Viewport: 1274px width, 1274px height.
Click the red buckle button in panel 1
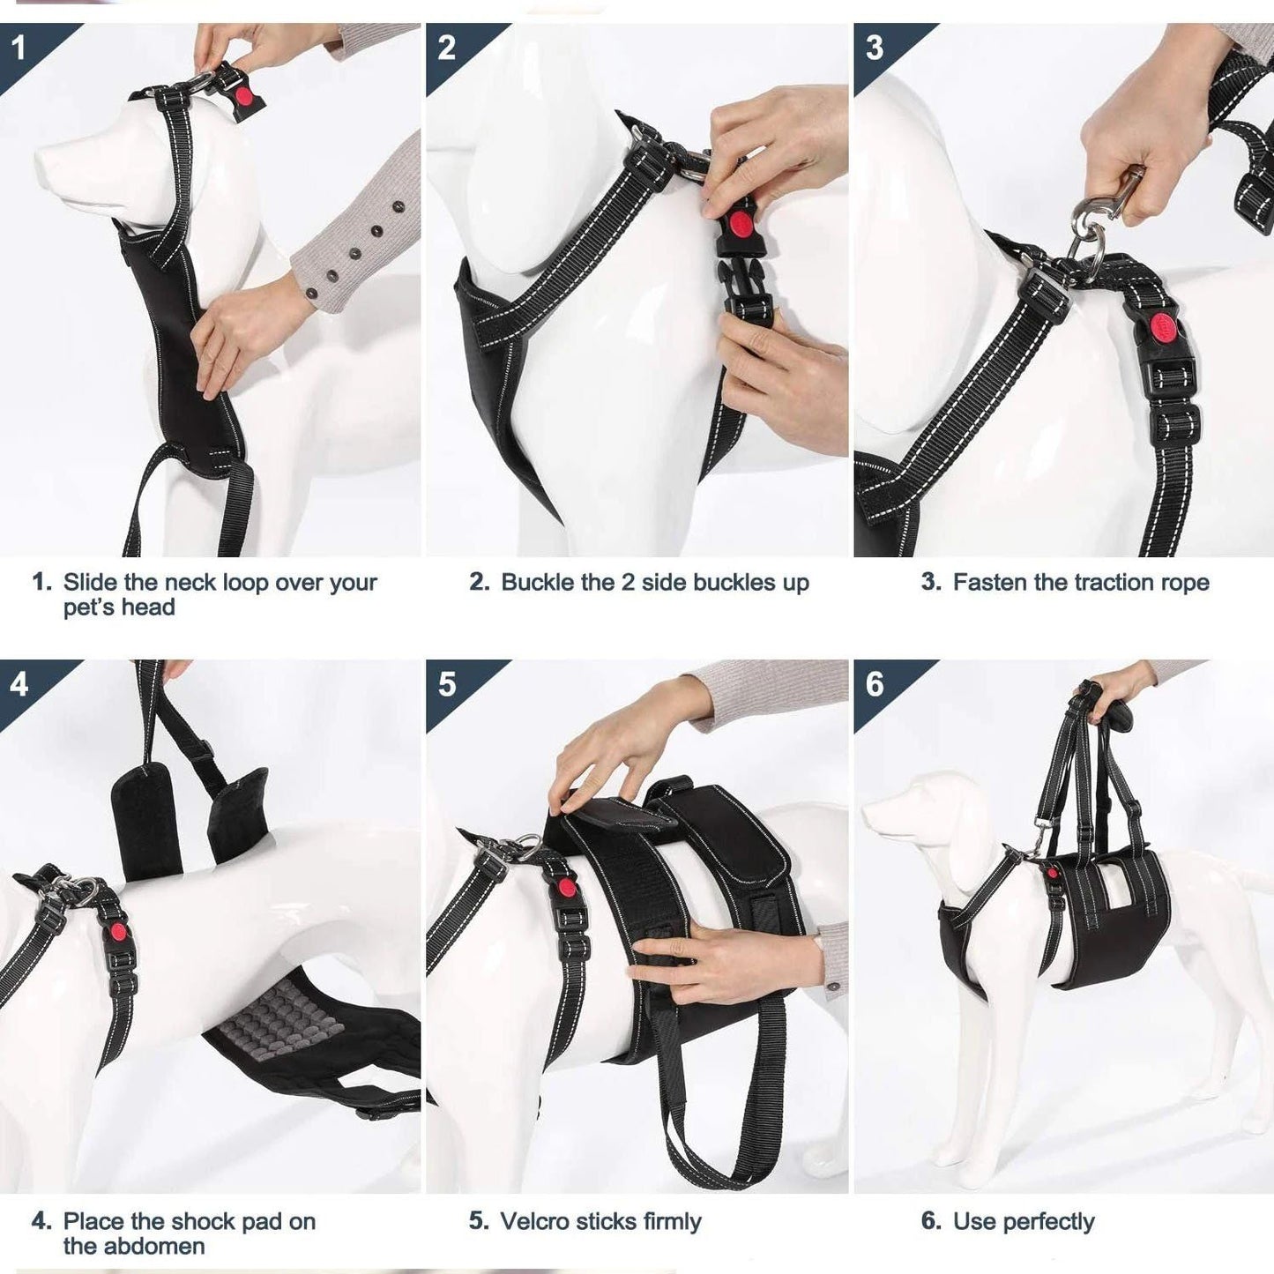[x=245, y=97]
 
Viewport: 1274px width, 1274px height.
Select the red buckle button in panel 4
[x=118, y=932]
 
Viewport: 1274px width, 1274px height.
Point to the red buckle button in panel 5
[x=565, y=886]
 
